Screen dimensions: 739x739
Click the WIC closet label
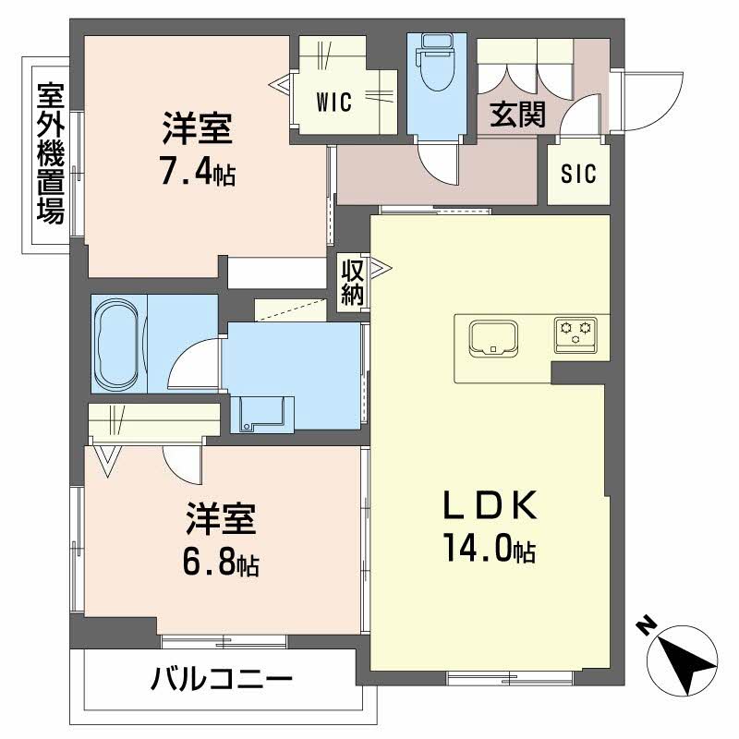[x=334, y=102]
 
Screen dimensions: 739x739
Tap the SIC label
[x=578, y=174]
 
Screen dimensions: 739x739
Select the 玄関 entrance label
[x=518, y=115]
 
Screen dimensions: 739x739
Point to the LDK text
[x=490, y=504]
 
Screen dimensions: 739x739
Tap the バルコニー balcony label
[x=222, y=679]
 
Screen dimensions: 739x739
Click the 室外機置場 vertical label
[x=51, y=153]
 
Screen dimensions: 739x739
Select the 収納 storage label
[x=353, y=283]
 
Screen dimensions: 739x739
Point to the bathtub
[x=116, y=343]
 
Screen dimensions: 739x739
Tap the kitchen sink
[x=493, y=336]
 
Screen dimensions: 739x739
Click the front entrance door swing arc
[x=666, y=113]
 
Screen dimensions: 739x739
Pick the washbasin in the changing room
[x=262, y=414]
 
